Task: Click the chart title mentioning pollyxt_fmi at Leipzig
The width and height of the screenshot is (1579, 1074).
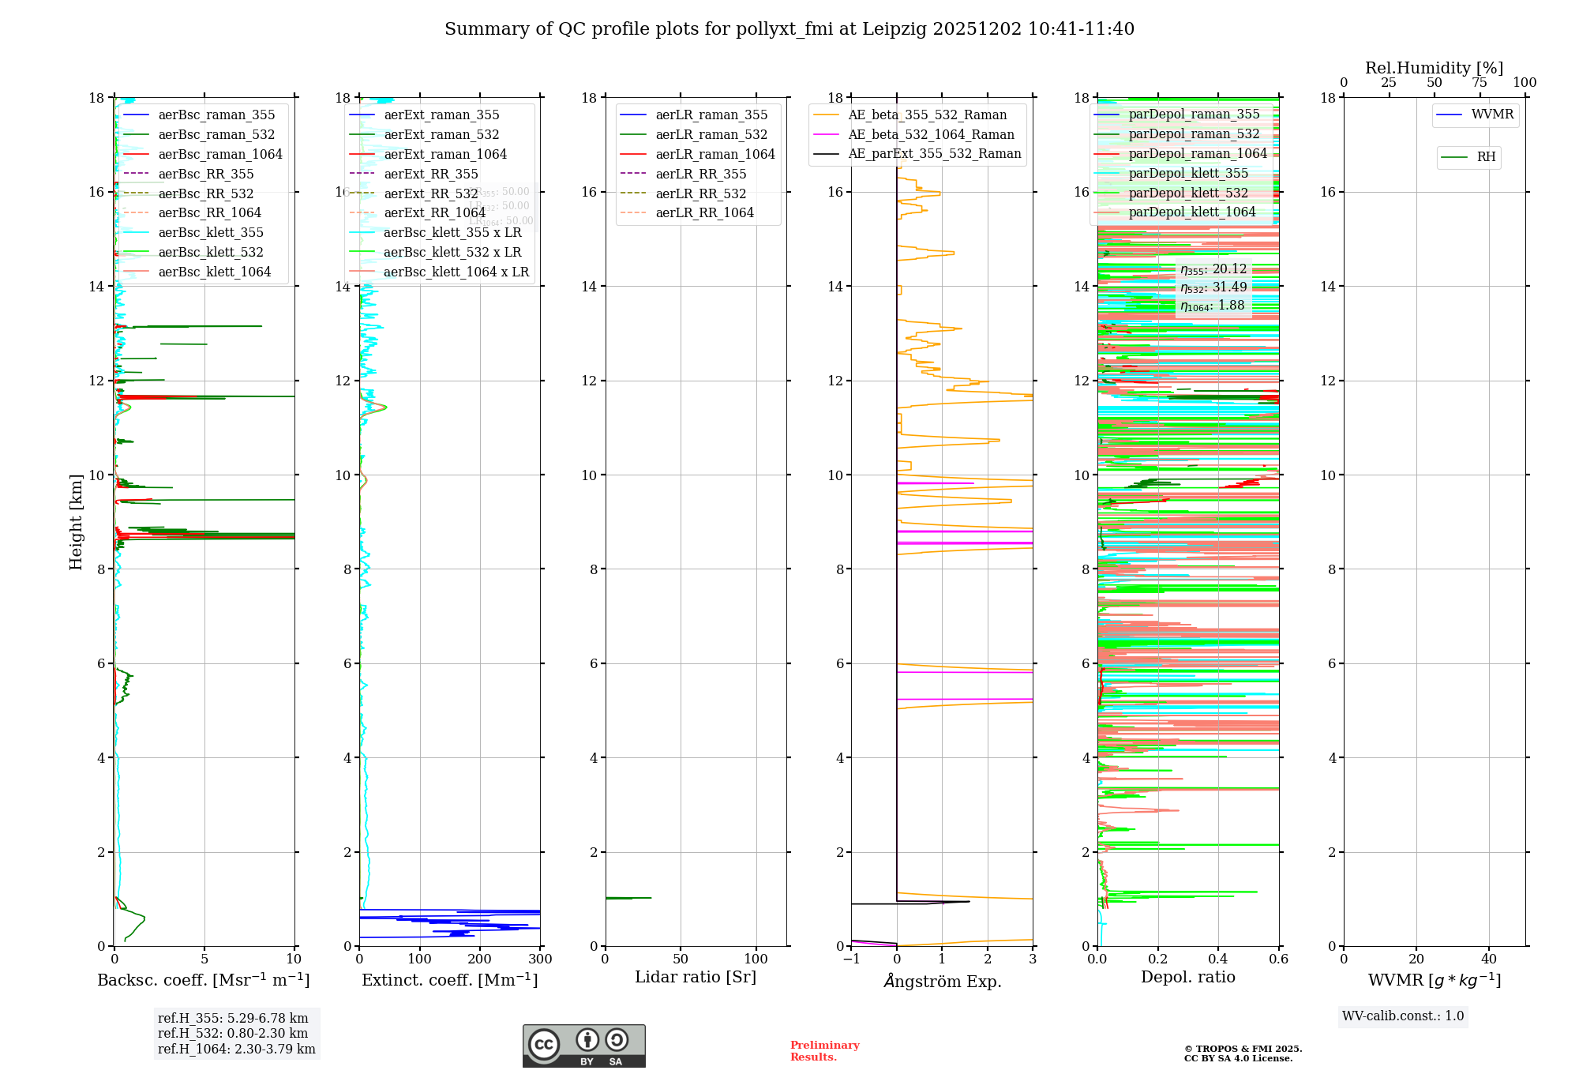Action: tap(789, 29)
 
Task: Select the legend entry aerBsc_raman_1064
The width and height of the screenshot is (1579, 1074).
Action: tap(220, 155)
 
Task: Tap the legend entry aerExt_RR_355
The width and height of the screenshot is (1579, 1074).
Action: tap(431, 175)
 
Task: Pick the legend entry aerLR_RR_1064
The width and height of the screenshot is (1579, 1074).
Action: tap(704, 213)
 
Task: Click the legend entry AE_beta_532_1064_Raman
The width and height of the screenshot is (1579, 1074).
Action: tap(931, 135)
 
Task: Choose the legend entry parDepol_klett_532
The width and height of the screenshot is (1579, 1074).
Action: tap(1188, 193)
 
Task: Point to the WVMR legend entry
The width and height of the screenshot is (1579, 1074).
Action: tap(1492, 115)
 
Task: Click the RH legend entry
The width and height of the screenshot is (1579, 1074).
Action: tap(1486, 157)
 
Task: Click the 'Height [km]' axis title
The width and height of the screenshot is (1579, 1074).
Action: tap(76, 522)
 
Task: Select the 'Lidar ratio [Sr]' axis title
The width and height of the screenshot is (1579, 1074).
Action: tap(696, 978)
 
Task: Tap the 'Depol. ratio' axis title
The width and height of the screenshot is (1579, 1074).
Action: tap(1188, 978)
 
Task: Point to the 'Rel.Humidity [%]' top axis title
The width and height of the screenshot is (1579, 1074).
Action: tap(1434, 68)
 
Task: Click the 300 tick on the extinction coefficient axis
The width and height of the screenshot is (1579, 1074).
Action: tap(541, 959)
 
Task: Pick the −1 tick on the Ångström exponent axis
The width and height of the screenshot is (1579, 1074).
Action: tap(850, 959)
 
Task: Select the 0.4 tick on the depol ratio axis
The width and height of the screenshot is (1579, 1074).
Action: tap(1218, 959)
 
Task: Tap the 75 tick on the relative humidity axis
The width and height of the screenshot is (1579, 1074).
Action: tap(1480, 83)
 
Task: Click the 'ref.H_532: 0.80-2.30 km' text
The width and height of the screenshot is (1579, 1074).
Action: tap(233, 1034)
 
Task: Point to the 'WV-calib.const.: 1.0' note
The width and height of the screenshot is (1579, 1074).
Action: tap(1403, 1016)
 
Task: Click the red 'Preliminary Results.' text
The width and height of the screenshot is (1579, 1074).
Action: tap(824, 1051)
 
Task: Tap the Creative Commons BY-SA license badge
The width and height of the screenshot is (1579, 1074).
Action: tap(583, 1046)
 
